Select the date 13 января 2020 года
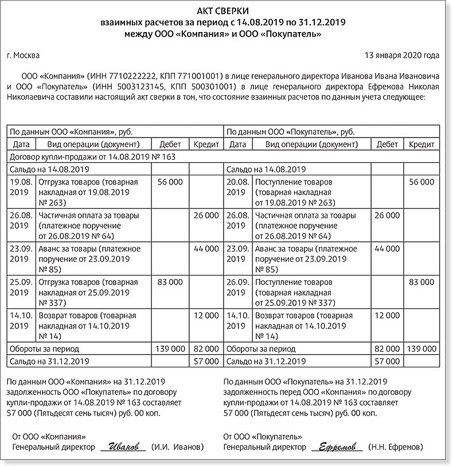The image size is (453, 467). click(x=402, y=56)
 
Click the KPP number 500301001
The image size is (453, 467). click(x=215, y=87)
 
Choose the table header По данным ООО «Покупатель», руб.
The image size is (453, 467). click(x=290, y=131)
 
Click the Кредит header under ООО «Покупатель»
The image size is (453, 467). click(x=421, y=144)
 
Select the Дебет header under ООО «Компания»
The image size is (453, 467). click(x=170, y=144)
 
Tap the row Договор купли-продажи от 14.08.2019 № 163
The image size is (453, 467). click(x=92, y=156)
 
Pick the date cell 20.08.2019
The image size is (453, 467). click(x=237, y=187)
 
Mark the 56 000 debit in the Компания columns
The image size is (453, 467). click(x=170, y=182)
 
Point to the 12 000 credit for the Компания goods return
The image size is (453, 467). click(x=206, y=315)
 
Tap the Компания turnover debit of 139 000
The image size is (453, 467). click(x=170, y=348)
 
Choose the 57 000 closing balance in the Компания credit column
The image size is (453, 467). click(x=206, y=362)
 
